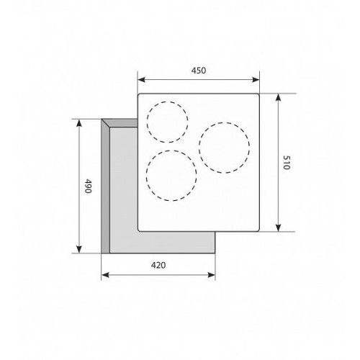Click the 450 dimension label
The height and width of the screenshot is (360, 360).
pos(199,71)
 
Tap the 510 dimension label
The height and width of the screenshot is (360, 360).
pos(287,163)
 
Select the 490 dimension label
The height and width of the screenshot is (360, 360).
pos(88,186)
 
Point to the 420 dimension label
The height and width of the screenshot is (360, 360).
pos(158,265)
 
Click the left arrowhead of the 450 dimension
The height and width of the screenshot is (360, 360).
pos(142,80)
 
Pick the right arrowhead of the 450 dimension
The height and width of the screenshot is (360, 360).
pos(256,80)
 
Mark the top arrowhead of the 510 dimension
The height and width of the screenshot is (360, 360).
pos(278,98)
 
